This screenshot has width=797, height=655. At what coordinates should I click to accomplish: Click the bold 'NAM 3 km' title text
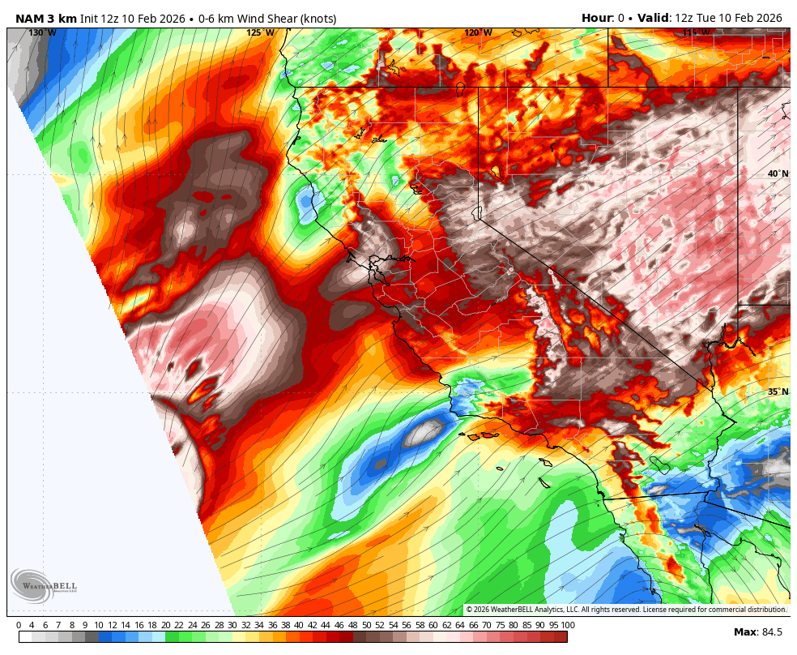pyautogui.click(x=46, y=18)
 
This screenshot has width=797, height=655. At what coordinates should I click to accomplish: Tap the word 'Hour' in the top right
pyautogui.click(x=597, y=18)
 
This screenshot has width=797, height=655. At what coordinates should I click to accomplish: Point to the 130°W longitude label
pyautogui.click(x=42, y=33)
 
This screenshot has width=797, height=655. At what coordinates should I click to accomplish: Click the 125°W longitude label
pyautogui.click(x=260, y=33)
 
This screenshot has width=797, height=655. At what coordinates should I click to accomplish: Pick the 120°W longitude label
pyautogui.click(x=478, y=33)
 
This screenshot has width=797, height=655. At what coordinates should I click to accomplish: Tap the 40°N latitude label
pyautogui.click(x=778, y=173)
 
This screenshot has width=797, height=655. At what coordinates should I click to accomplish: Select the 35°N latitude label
pyautogui.click(x=778, y=392)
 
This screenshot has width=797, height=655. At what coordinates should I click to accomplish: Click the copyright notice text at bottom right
pyautogui.click(x=626, y=610)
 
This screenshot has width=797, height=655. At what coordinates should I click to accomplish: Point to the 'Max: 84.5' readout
pyautogui.click(x=758, y=632)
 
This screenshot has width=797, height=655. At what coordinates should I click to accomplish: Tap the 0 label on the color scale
pyautogui.click(x=19, y=625)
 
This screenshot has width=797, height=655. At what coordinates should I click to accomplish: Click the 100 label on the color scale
pyautogui.click(x=568, y=625)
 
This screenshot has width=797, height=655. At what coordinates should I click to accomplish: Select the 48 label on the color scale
pyautogui.click(x=353, y=625)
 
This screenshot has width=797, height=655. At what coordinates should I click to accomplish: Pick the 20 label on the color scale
pyautogui.click(x=165, y=625)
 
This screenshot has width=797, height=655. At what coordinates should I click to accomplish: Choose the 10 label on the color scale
pyautogui.click(x=99, y=625)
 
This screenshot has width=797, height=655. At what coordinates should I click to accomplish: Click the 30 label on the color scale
pyautogui.click(x=232, y=625)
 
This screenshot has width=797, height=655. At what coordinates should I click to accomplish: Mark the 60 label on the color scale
pyautogui.click(x=433, y=625)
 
